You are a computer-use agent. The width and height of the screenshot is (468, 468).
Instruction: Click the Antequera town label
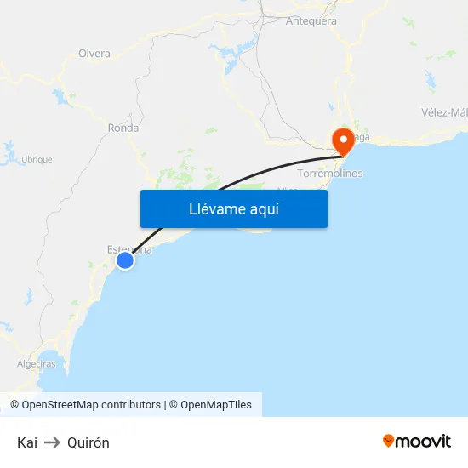click(x=311, y=21)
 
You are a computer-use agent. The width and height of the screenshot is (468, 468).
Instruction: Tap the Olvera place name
click(x=94, y=54)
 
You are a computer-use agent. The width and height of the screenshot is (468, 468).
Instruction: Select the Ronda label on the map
click(x=123, y=128)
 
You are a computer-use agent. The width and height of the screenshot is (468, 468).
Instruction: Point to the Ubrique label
click(x=37, y=159)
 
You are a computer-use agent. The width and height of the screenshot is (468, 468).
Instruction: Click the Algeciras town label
click(x=37, y=364)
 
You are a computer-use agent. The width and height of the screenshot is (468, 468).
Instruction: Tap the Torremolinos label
click(x=330, y=174)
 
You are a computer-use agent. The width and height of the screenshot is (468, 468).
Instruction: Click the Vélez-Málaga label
click(x=444, y=112)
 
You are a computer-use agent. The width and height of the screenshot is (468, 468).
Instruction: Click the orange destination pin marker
click(x=344, y=140)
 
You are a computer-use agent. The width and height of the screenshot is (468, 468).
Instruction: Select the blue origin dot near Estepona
click(x=125, y=260)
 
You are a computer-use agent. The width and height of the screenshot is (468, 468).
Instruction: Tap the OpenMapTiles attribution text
click(x=216, y=405)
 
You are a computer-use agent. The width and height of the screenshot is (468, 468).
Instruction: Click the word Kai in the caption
click(x=26, y=442)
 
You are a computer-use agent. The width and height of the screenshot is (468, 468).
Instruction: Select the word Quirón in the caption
click(x=88, y=442)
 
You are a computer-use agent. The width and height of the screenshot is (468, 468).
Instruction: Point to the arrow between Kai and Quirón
click(x=52, y=442)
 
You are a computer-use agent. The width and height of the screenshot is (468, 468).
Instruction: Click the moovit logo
click(x=417, y=441)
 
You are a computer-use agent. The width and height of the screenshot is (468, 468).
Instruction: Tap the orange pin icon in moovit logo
click(x=389, y=441)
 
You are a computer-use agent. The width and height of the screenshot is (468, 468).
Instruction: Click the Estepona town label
click(x=129, y=249)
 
